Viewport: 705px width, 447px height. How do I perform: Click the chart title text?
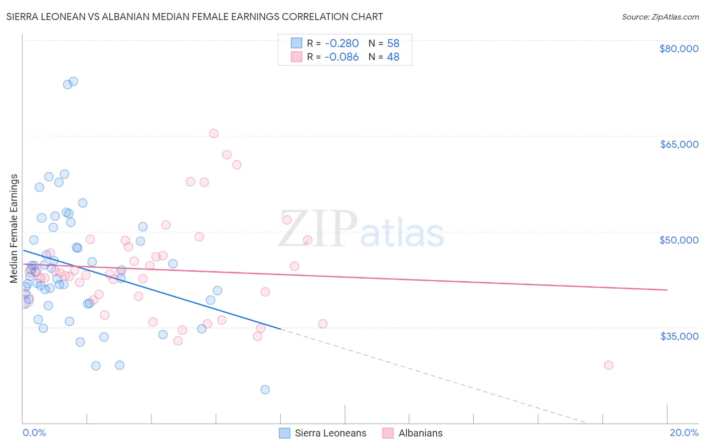tap(195, 17)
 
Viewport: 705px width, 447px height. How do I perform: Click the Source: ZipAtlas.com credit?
tap(660, 17)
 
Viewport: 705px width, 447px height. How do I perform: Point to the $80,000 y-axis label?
tap(678, 49)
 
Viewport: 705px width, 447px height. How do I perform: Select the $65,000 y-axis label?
tap(679, 144)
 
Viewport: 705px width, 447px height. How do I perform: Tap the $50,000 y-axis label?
tap(678, 240)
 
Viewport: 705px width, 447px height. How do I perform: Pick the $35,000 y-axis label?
tap(679, 336)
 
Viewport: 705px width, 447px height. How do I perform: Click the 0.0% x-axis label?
tap(34, 432)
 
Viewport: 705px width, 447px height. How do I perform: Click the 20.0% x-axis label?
tap(684, 432)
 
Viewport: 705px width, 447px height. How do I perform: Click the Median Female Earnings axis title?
tap(14, 229)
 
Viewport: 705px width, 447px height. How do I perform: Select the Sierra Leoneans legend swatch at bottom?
tap(284, 433)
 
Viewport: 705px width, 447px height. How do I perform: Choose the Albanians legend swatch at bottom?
tap(388, 433)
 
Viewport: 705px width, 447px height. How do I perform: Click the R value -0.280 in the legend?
tap(341, 44)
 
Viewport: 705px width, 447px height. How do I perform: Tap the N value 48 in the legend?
tap(393, 57)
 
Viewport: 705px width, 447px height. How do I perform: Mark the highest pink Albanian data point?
tap(214, 133)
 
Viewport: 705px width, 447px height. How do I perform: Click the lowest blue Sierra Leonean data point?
tap(265, 389)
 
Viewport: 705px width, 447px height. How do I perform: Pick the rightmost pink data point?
tap(608, 365)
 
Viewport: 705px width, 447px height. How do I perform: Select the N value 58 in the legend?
tap(393, 44)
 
